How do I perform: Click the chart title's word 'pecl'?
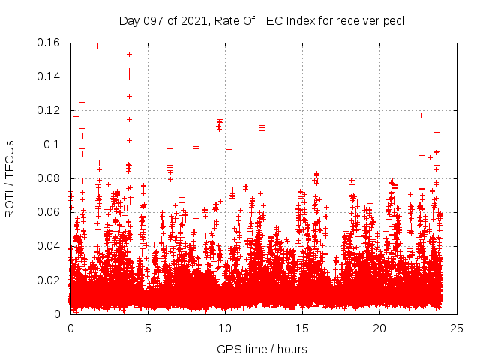point(394,21)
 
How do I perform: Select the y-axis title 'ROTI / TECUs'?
point(10,178)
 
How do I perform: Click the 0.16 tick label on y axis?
point(50,43)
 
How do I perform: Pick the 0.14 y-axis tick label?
point(50,76)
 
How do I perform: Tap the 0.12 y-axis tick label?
point(50,110)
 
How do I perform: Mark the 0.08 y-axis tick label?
point(50,178)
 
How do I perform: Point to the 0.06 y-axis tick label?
point(50,212)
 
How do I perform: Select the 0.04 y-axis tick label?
point(50,246)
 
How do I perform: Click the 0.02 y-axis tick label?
point(50,280)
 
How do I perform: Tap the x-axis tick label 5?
point(148,328)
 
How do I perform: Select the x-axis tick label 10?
point(225,328)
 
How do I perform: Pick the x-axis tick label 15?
point(302,328)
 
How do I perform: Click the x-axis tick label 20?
point(379,328)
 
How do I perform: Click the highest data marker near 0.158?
point(97,46)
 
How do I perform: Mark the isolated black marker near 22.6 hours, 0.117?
point(421,115)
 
